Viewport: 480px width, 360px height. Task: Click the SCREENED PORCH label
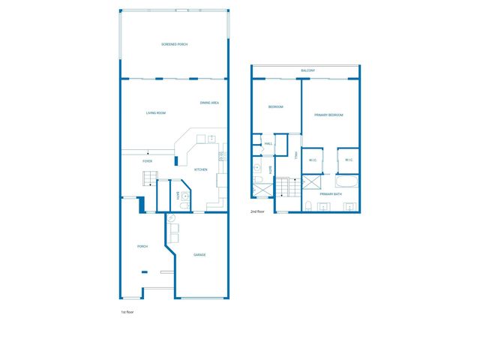[174, 45]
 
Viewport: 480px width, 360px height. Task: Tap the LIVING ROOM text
[155, 113]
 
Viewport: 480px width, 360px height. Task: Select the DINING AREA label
[209, 103]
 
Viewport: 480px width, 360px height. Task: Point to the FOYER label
[148, 161]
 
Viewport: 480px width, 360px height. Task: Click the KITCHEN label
[201, 169]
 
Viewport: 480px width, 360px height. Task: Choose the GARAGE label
[199, 255]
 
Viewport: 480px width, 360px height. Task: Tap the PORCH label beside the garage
[142, 247]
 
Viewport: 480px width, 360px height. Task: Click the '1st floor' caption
[127, 311]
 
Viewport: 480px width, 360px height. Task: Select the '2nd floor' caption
[257, 211]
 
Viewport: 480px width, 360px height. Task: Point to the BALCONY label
[307, 70]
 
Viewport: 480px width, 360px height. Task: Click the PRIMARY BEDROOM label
[330, 115]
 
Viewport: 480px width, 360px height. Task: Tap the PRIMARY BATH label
[331, 194]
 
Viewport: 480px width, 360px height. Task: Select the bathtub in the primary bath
[347, 182]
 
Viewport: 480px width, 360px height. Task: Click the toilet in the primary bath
[308, 205]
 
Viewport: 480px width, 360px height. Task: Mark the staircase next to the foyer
[149, 178]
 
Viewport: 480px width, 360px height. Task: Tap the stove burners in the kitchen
[221, 156]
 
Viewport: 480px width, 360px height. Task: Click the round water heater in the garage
[171, 217]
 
